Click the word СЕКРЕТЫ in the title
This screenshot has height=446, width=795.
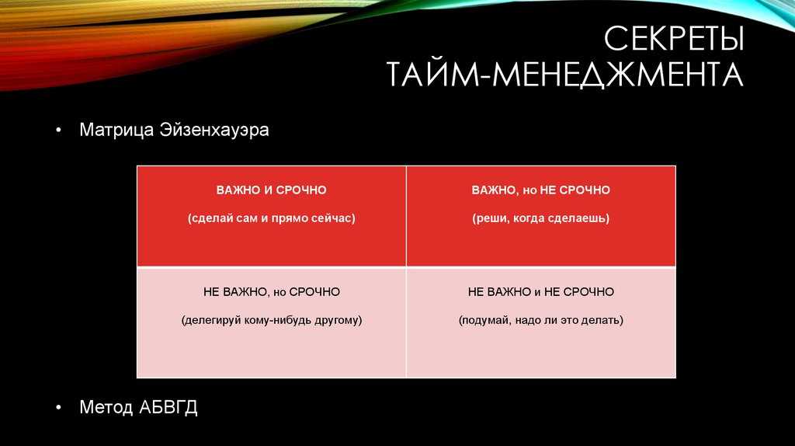[x=674, y=38]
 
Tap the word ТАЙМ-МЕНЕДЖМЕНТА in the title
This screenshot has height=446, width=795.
[x=565, y=74]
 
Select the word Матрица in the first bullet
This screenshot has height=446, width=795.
[x=116, y=130]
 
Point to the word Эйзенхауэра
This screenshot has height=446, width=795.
[x=214, y=130]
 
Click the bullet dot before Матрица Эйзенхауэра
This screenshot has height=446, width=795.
[x=59, y=131]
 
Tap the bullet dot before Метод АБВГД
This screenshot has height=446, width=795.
[x=59, y=407]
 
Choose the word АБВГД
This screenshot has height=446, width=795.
[x=168, y=407]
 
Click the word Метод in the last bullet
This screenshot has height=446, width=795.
[x=106, y=407]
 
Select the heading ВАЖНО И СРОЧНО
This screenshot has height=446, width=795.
[x=271, y=190]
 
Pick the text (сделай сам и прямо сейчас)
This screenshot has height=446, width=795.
[x=271, y=218]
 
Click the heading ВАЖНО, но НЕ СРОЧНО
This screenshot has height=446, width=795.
[x=540, y=190]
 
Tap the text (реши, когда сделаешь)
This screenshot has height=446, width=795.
[x=540, y=218]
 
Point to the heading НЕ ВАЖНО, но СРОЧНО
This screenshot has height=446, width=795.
[x=271, y=292]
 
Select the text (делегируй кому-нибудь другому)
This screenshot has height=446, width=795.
[x=271, y=321]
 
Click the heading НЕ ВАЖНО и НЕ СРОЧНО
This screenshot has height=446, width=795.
[x=540, y=292]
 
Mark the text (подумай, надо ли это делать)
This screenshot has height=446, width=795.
[x=540, y=321]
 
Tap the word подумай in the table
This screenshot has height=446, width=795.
[x=484, y=321]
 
